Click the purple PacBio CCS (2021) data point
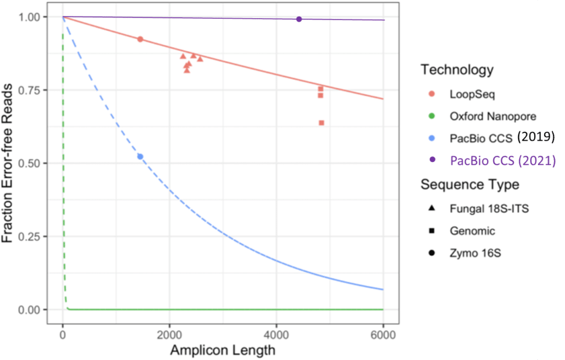299,19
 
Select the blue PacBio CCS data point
140,157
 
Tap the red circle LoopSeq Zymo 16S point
140,39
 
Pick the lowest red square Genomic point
322,122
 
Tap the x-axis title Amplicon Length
222,350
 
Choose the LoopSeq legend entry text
472,94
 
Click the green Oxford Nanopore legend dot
431,116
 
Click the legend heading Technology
456,70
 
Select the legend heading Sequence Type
469,184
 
